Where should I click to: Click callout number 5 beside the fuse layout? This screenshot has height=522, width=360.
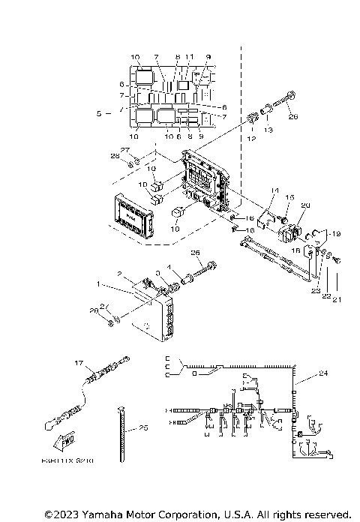click(100, 113)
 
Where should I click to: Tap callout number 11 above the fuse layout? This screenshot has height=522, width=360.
click(190, 57)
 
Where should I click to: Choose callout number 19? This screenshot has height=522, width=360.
click(335, 234)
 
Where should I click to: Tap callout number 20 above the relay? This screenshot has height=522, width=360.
click(305, 205)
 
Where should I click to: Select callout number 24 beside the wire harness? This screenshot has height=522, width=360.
click(323, 372)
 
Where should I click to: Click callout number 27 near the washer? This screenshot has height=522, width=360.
click(125, 151)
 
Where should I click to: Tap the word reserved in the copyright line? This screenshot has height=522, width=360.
click(327, 514)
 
